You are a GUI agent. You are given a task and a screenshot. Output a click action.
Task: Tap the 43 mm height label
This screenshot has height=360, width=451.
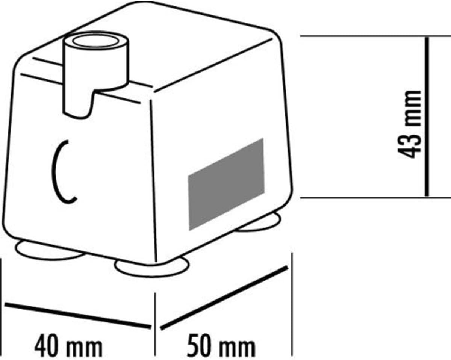409,124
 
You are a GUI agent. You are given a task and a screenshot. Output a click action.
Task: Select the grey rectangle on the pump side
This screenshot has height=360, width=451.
226,185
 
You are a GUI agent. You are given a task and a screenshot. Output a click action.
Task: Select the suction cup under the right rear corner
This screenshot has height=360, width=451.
260,223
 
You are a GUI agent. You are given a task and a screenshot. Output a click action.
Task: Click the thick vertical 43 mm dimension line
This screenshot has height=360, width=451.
427,116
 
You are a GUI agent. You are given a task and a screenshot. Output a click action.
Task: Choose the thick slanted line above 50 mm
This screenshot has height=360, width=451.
224,298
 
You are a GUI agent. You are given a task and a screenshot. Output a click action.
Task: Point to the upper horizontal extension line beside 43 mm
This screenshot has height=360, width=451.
375,36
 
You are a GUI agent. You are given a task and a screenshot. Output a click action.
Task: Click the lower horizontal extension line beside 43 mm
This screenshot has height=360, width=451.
375,197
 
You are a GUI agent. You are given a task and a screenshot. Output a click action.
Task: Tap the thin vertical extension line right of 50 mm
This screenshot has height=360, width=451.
292,304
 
